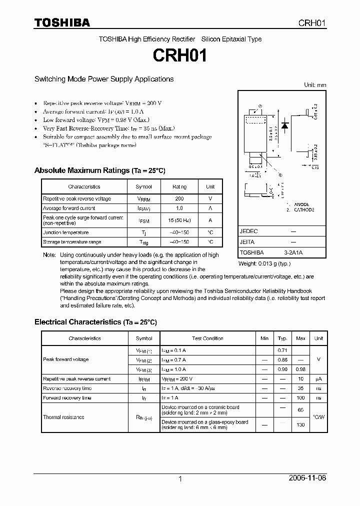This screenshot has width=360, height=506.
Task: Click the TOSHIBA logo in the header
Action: tap(62, 22)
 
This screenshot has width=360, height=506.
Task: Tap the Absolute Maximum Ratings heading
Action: tap(99, 170)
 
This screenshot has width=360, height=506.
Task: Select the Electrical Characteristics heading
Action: tap(95, 322)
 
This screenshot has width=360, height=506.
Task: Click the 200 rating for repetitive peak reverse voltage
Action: tap(179, 198)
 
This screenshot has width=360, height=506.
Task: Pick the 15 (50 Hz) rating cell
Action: tap(179, 220)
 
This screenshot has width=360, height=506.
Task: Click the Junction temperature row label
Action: tap(65, 232)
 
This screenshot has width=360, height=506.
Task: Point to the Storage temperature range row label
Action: tap(72, 242)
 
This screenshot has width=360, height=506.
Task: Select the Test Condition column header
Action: tap(207, 338)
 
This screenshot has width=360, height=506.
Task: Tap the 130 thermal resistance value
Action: tap(300, 424)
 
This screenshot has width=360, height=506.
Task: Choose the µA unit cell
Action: tap(318, 379)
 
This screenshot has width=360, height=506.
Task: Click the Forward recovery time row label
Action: tap(67, 398)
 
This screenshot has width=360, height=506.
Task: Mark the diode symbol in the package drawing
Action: tap(284, 125)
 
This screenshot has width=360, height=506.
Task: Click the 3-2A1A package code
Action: tap(292, 252)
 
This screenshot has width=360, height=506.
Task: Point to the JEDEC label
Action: tap(248, 231)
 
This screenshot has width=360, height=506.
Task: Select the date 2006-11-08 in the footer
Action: tap(307, 478)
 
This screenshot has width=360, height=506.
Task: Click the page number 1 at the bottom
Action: tap(180, 479)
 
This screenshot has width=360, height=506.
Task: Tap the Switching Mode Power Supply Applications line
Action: tap(104, 79)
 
